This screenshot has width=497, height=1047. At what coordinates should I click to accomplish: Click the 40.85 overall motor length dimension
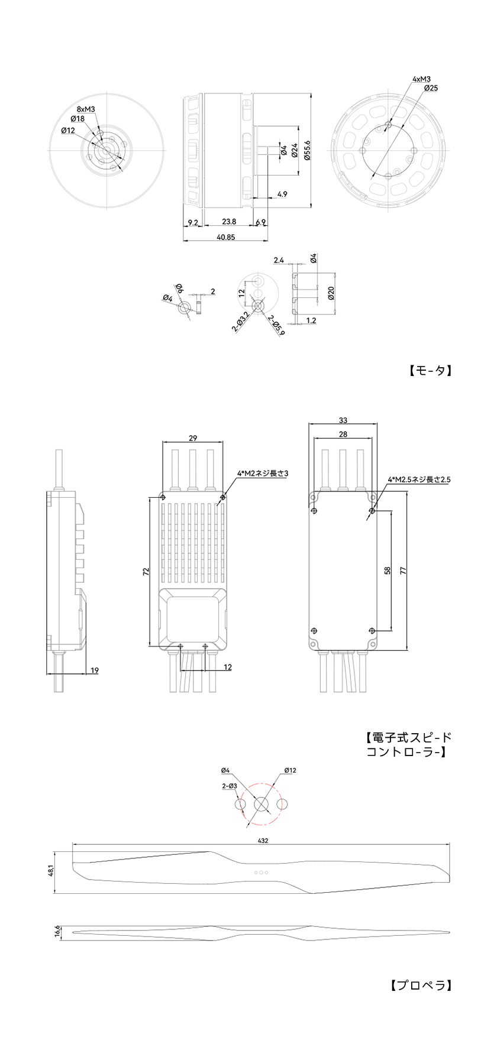[x=226, y=237]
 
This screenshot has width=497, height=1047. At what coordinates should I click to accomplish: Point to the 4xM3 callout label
[x=422, y=79]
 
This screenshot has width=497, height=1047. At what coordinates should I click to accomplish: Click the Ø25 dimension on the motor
[x=431, y=88]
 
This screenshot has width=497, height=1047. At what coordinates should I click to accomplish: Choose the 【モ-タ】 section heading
[x=431, y=371]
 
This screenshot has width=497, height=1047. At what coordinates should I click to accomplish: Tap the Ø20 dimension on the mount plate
[x=331, y=293]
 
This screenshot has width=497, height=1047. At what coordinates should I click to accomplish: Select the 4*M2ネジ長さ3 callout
[x=262, y=473]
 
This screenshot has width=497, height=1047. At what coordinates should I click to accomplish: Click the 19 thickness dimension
[x=95, y=670]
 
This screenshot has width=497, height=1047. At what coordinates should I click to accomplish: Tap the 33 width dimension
[x=343, y=420]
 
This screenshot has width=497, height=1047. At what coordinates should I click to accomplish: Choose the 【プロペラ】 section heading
[x=421, y=986]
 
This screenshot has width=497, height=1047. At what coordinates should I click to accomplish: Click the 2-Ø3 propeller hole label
[x=230, y=786]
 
